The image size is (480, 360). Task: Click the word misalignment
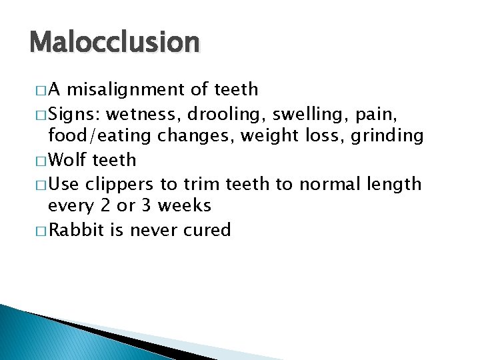point(132,89)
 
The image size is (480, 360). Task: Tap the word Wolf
point(68,160)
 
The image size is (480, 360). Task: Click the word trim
point(203,183)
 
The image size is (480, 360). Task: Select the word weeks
point(186,206)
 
